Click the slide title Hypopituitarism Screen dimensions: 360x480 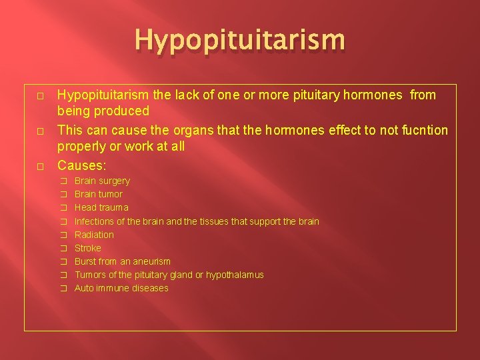coord(240,40)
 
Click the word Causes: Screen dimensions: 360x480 coord(82,164)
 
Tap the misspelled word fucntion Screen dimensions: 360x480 coord(423,129)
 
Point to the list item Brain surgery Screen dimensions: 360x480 coord(102,181)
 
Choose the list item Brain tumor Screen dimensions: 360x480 coord(99,194)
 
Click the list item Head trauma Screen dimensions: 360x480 coord(101,207)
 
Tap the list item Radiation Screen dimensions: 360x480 coord(94,235)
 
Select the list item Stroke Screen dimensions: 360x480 coord(88,248)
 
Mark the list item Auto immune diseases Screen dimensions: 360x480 coord(121,288)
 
